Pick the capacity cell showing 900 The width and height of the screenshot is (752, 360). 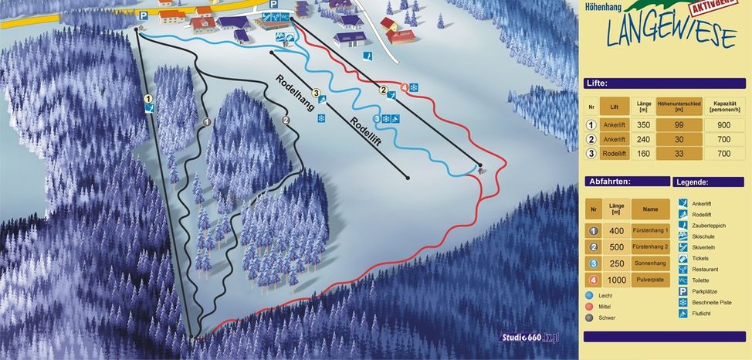pyautogui.click(x=723, y=124)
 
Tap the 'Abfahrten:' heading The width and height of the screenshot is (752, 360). pyautogui.click(x=610, y=182)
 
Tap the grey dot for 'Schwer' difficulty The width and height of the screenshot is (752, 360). pyautogui.click(x=589, y=317)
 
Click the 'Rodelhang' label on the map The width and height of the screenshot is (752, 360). pyautogui.click(x=296, y=93)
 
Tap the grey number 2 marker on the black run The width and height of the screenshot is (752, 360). pyautogui.click(x=286, y=120)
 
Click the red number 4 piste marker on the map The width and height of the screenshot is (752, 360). pyautogui.click(x=404, y=87)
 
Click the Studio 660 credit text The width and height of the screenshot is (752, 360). pyautogui.click(x=527, y=336)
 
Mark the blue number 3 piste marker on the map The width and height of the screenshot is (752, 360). pyautogui.click(x=378, y=118)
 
